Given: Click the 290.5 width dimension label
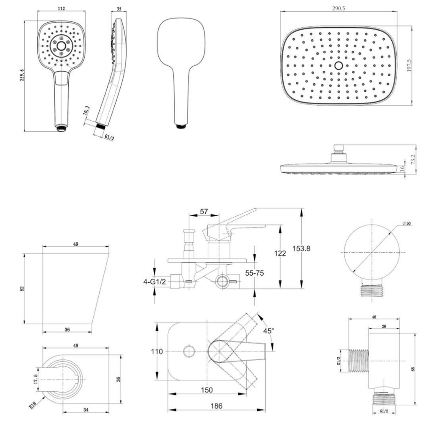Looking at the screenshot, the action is click(x=339, y=8).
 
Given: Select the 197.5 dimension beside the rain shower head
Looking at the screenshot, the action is click(x=409, y=65).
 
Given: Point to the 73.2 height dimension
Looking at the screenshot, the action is click(x=413, y=159).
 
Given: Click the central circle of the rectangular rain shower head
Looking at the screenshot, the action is click(x=339, y=65).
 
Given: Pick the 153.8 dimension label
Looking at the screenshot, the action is click(x=301, y=248).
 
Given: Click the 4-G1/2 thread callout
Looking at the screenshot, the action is click(x=155, y=282).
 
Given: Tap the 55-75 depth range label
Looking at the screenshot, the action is click(x=254, y=273).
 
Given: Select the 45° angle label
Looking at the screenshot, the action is click(x=269, y=331).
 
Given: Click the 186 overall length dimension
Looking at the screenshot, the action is click(x=217, y=406).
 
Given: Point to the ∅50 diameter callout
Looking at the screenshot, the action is click(x=406, y=224).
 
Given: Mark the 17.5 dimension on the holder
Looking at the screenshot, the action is click(x=35, y=379).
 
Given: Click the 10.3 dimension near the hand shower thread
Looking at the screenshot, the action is click(x=86, y=110).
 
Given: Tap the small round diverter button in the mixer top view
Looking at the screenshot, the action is click(x=189, y=351).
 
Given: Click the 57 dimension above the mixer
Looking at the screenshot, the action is click(x=204, y=211).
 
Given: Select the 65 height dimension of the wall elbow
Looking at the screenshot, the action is click(x=413, y=369).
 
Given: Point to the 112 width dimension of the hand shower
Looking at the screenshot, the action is click(x=61, y=8).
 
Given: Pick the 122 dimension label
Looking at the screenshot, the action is click(x=280, y=253).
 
